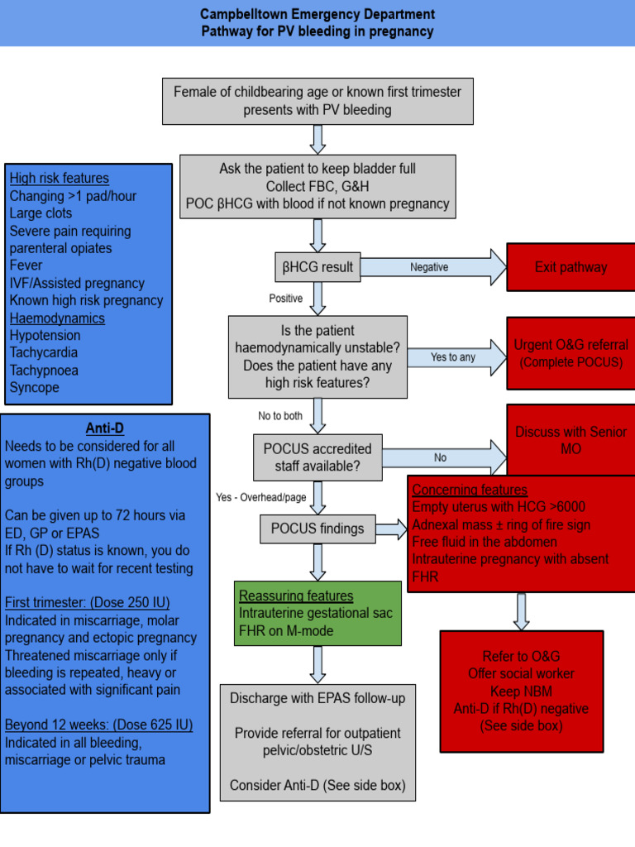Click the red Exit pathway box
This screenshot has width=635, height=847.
571,267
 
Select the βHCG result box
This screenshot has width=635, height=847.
317,267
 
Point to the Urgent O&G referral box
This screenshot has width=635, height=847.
571,353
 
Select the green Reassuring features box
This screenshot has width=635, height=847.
317,613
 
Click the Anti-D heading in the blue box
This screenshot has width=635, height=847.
105,428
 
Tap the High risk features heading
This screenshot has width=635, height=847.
59,178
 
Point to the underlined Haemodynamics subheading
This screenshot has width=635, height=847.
57,318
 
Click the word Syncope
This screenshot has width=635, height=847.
34,387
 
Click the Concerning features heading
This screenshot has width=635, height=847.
470,490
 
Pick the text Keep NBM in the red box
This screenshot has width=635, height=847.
521,691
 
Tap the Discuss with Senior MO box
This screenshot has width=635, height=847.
571,439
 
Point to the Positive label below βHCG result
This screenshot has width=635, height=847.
285,298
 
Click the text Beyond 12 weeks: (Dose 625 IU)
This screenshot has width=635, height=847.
98,725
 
